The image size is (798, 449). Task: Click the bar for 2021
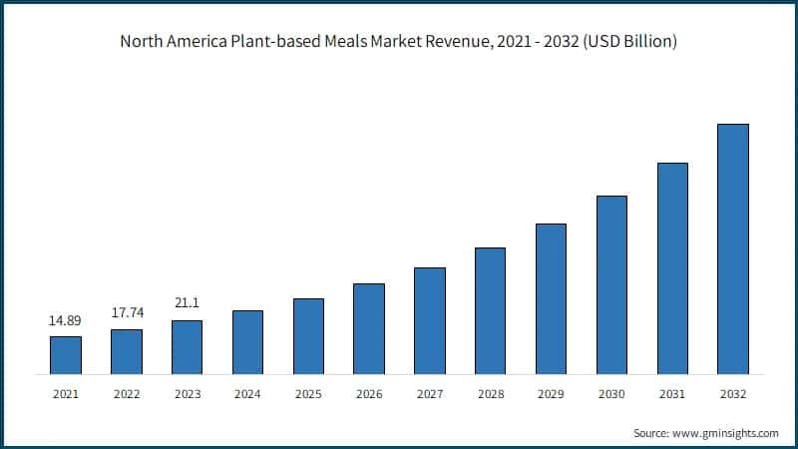click(x=66, y=355)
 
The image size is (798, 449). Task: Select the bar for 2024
click(x=247, y=342)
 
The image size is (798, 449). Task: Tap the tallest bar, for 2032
click(x=733, y=249)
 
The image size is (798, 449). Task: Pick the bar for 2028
click(x=490, y=311)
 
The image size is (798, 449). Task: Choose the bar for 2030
click(x=611, y=285)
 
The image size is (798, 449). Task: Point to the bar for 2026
click(x=369, y=329)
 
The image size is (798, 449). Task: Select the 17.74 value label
click(x=127, y=312)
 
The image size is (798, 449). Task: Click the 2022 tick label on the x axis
click(x=127, y=394)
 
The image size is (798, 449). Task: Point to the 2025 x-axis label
click(x=308, y=394)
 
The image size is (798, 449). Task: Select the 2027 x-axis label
click(x=430, y=394)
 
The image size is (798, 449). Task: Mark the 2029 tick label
click(x=551, y=394)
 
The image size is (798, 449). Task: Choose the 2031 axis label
click(x=672, y=394)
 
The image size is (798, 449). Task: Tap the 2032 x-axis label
click(x=733, y=394)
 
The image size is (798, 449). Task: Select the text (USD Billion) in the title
click(x=626, y=42)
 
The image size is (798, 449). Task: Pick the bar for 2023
click(x=188, y=347)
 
